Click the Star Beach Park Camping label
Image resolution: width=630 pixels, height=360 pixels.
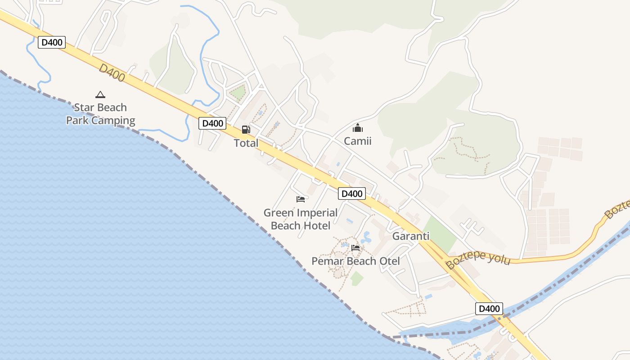click(x=100, y=114)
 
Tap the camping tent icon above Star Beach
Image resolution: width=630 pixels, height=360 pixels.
click(x=100, y=94)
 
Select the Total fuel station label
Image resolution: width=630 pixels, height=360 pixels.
click(x=246, y=143)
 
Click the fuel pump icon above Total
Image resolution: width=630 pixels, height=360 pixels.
click(x=246, y=130)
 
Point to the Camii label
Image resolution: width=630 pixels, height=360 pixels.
click(x=358, y=141)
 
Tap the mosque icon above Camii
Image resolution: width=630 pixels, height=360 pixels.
click(x=358, y=128)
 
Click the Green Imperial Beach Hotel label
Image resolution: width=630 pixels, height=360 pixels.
click(x=301, y=219)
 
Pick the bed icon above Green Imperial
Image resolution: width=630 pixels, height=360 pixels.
click(x=301, y=199)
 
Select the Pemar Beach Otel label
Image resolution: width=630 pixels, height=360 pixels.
click(x=355, y=261)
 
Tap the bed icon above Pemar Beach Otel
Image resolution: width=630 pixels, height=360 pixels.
click(x=355, y=247)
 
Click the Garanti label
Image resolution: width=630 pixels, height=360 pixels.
click(x=411, y=236)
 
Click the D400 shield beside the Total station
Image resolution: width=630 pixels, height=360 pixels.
click(x=212, y=123)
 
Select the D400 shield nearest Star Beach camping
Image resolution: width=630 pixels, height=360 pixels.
click(x=52, y=43)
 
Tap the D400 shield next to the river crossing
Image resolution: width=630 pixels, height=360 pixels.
click(x=489, y=309)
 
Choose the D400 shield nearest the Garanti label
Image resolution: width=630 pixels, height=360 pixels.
click(x=352, y=193)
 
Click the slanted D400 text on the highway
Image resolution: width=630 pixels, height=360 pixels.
click(x=112, y=73)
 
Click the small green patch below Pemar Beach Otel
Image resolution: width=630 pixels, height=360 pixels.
click(x=357, y=278)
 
